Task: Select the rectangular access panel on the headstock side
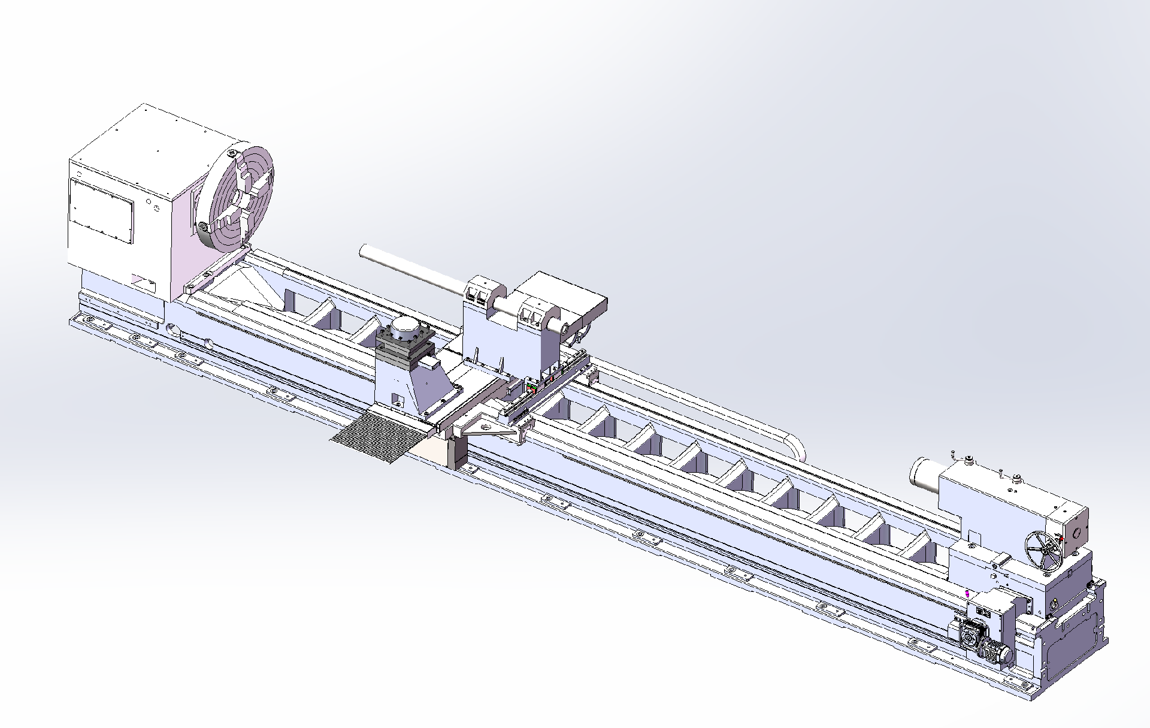click(101, 210)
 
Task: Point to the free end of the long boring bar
click(363, 251)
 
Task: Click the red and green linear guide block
click(531, 389)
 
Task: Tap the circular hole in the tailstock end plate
click(1079, 532)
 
